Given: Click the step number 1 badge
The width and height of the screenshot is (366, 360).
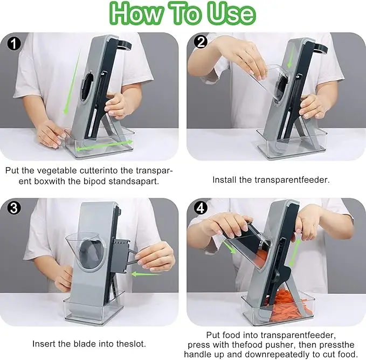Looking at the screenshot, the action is [14, 44].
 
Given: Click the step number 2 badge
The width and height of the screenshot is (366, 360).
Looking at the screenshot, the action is [201, 41].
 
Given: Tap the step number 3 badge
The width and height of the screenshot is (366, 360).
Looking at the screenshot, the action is [14, 208].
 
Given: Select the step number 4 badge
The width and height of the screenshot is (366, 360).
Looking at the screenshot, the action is [201, 207].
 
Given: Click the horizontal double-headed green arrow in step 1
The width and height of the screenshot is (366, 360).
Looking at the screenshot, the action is [105, 145].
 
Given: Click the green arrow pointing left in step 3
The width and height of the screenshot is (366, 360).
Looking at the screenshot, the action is [146, 274].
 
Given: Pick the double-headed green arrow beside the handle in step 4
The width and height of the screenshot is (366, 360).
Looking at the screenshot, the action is [295, 253].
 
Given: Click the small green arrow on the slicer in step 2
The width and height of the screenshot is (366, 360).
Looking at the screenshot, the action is [291, 57].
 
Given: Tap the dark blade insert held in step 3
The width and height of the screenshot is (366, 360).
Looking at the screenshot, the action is [120, 256].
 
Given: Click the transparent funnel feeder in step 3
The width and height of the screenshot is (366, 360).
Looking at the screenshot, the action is [86, 250].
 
